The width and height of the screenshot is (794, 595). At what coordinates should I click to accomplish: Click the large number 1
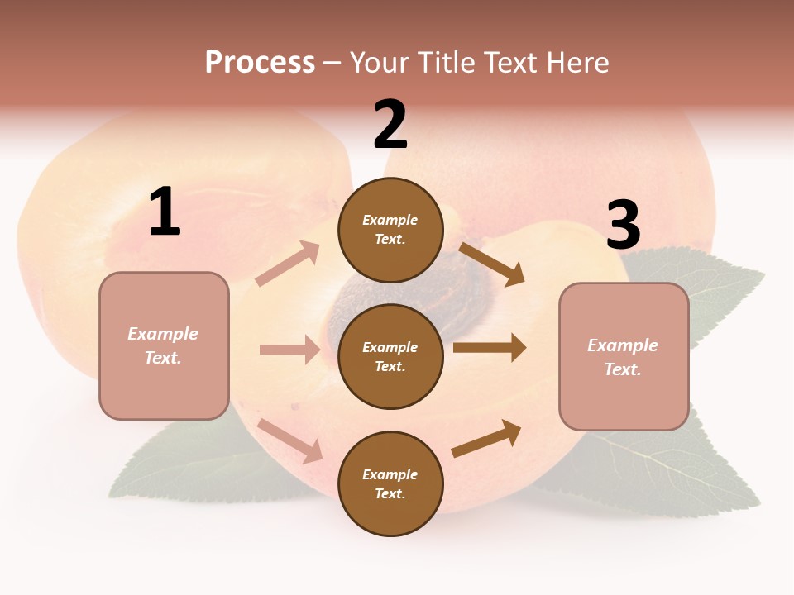tap(165, 212)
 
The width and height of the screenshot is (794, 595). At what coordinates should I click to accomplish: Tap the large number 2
tap(390, 125)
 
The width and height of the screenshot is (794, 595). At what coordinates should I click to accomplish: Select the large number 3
tap(624, 226)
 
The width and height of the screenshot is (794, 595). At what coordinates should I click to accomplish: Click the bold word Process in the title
tap(260, 62)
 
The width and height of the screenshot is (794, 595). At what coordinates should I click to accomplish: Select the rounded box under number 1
tap(164, 345)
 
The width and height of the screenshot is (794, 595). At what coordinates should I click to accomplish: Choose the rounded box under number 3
tap(624, 356)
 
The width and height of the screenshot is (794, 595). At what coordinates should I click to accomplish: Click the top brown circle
tap(390, 230)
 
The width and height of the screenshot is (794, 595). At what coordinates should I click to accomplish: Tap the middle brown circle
tap(390, 356)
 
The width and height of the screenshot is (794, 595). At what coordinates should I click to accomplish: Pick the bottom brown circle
tap(390, 483)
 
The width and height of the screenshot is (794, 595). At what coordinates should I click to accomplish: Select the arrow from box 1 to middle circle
tap(289, 350)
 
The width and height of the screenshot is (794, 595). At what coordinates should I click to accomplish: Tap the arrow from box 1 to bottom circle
tap(290, 440)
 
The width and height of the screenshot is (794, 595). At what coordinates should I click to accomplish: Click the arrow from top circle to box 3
tap(492, 264)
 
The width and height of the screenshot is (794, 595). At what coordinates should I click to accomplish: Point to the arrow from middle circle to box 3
tap(489, 347)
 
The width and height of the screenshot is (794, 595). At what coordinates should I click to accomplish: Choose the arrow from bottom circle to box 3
tap(487, 438)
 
